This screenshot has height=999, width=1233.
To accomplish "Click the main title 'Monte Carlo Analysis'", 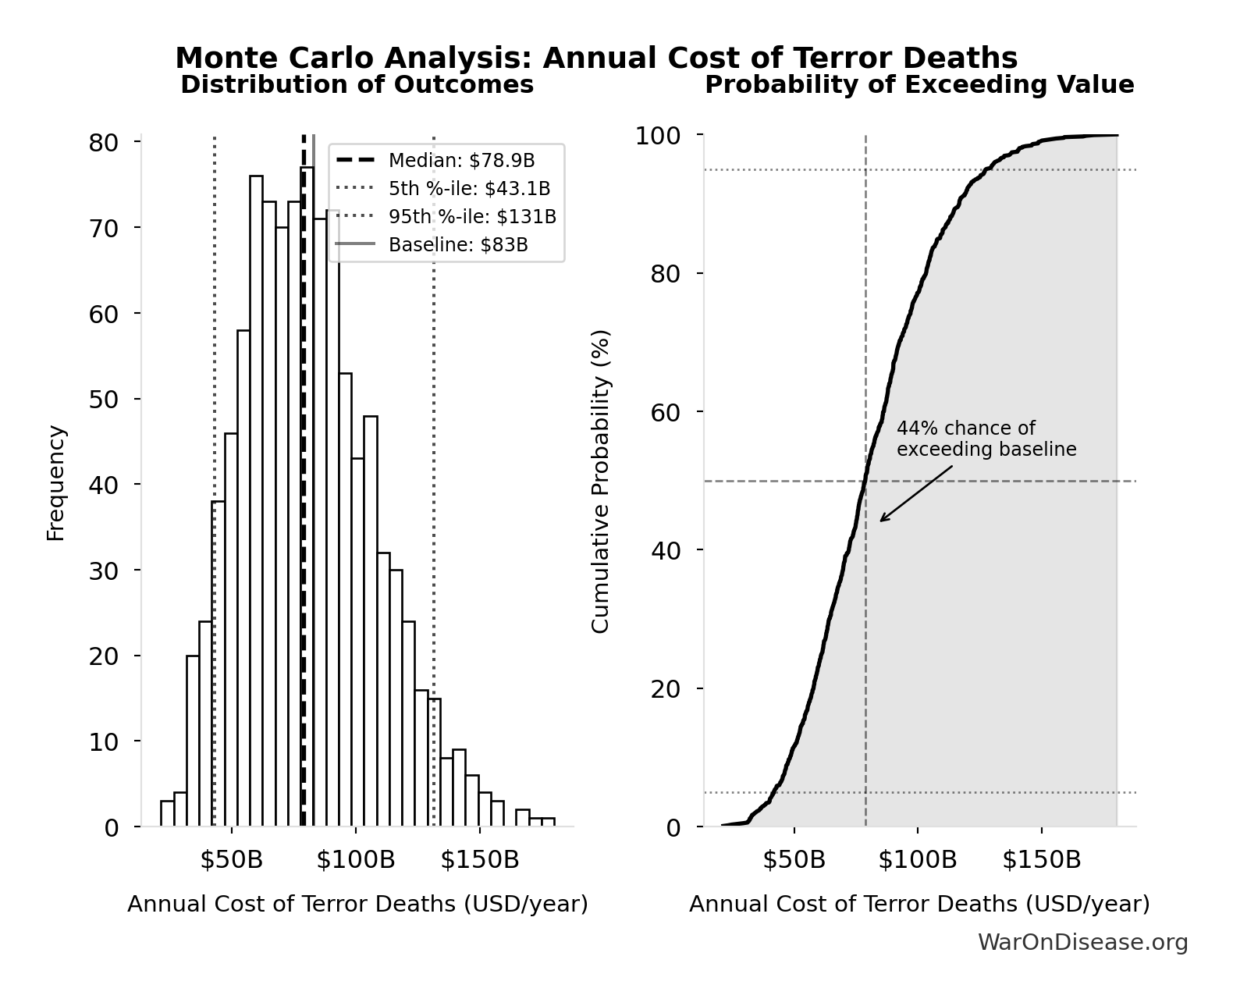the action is pos(596,59).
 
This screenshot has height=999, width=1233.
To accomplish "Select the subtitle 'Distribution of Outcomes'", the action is pos(357,84).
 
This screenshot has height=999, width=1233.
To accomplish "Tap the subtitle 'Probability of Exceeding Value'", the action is pos(919,84).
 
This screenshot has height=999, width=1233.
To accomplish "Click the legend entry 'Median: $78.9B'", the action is pos(461,161).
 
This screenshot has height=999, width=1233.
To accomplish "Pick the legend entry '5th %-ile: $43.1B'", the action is pos(469,189).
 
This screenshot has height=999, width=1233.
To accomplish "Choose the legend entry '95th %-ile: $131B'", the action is pos(472,217).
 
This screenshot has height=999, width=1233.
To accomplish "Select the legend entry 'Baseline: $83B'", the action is pos(458,245).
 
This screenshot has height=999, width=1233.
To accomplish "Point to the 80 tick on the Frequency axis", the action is pos(103,143).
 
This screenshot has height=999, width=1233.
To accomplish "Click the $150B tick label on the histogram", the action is pos(479,860).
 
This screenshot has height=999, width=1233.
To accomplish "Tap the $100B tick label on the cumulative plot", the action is pos(917,860).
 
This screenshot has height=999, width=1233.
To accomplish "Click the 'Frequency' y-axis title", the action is pos(56,482).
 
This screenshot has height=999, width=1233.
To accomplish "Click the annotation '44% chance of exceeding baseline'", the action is pos(986,439).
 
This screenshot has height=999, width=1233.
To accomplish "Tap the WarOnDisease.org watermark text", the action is pos(1082,943).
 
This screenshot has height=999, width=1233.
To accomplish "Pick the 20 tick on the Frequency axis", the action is pos(103,656).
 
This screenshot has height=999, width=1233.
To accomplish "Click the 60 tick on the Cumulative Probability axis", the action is pos(665,412).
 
